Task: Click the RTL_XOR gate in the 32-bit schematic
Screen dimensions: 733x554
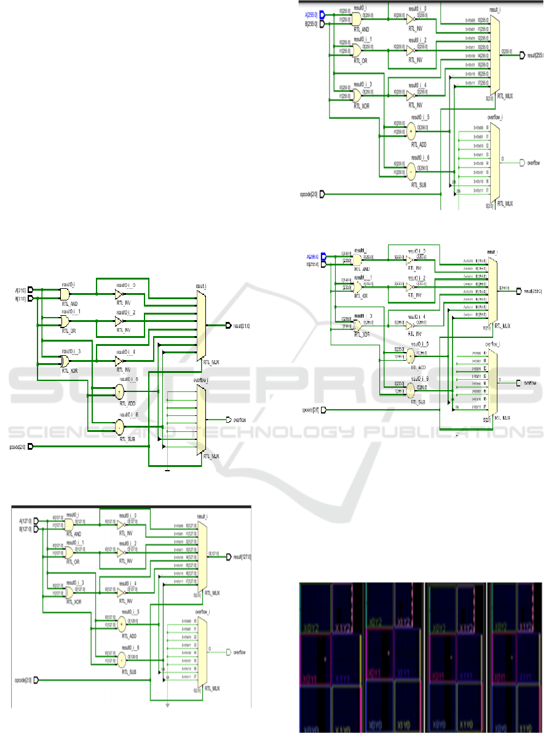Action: tap(66, 360)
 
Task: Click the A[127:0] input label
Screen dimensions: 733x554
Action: tap(25, 522)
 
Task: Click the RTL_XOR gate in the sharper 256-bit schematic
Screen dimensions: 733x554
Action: tap(357, 95)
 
